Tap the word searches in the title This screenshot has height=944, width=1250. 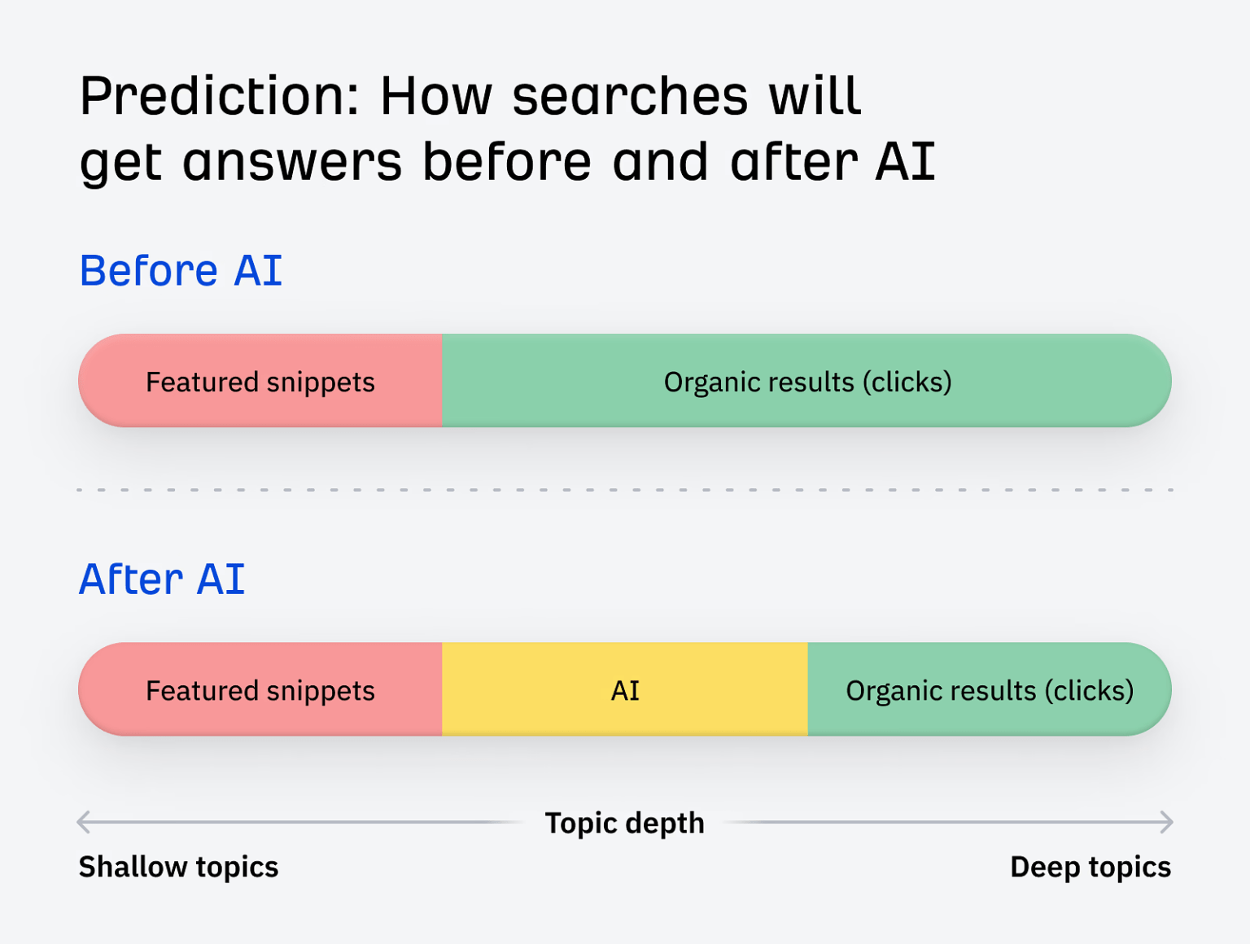coord(629,97)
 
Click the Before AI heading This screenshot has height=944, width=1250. coord(181,271)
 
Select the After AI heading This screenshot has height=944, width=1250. coord(162,579)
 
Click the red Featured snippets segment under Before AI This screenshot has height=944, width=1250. coord(260,382)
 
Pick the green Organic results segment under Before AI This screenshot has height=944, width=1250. coord(806,382)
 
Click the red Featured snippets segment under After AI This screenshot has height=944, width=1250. coord(260,690)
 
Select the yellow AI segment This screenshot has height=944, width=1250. coord(625,690)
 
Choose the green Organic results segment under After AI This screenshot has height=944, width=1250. coord(989,690)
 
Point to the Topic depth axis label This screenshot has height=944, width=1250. coord(624,823)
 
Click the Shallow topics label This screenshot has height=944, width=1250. coord(178,867)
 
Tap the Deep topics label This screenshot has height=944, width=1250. coord(1090,867)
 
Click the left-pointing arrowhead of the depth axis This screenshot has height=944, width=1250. coord(82,822)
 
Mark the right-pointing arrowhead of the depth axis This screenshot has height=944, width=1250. coord(1168,822)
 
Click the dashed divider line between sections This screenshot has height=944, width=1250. coord(625,490)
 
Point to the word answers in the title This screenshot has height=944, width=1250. coord(292,162)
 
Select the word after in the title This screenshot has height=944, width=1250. coord(793,162)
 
